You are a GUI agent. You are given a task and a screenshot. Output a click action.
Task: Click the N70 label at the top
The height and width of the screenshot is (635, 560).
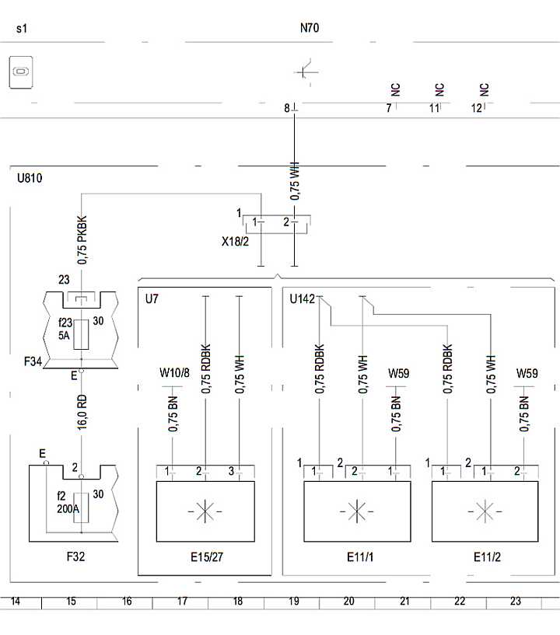click(310, 29)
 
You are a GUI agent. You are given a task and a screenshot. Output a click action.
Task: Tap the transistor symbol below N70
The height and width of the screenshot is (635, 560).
click(306, 72)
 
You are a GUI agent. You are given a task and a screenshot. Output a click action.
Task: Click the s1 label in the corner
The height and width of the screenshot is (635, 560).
click(22, 29)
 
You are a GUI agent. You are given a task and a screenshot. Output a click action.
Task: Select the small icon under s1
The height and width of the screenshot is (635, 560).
click(20, 73)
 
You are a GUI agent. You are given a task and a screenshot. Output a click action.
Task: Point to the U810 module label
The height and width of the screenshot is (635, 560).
click(30, 178)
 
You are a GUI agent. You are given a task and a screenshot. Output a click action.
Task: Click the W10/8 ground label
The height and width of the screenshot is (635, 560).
click(174, 374)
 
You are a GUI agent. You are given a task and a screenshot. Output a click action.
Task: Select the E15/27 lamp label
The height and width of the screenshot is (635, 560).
click(206, 557)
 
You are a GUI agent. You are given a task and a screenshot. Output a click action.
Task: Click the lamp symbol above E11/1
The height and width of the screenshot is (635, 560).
click(356, 511)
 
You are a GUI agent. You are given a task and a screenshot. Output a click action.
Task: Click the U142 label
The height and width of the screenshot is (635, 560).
click(303, 298)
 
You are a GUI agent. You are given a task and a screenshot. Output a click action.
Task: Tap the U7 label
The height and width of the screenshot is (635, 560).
click(152, 298)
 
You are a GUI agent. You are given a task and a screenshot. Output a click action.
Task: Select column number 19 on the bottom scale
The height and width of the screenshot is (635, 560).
click(293, 601)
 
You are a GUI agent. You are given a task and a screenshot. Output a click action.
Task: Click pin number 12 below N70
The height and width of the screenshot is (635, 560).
click(477, 108)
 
